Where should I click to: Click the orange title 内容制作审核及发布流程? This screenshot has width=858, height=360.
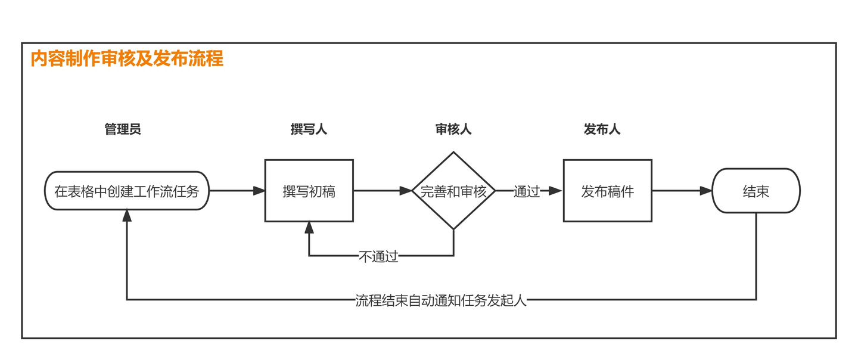pos(127,58)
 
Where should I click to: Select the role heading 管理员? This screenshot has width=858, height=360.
pos(123,129)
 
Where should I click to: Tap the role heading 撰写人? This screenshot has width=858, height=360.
pos(309,129)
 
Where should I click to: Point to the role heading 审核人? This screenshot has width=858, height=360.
pos(453,129)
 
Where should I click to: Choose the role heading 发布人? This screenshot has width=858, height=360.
pos(602,129)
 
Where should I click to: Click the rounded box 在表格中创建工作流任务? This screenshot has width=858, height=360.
pos(127,191)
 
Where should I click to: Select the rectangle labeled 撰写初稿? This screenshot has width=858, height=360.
pos(309,191)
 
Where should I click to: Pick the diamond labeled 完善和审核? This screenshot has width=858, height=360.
pos(453,191)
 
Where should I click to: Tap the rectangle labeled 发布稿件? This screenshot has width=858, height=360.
pos(608,191)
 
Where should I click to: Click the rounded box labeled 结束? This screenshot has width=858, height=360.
pos(756,191)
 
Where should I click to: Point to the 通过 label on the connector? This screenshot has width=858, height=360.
pos(527,191)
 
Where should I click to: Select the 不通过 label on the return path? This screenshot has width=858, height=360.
pos(378,256)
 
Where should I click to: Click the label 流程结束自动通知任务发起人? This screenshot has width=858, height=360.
pos(441,300)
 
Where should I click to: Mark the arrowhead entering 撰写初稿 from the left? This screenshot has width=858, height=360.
pos(259,191)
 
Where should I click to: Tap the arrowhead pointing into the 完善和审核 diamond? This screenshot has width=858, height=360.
pos(406,191)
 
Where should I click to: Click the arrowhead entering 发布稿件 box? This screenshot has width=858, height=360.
pos(555,191)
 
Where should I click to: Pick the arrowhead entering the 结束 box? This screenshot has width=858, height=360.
pos(706,191)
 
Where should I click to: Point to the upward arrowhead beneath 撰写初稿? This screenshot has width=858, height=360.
pos(309,228)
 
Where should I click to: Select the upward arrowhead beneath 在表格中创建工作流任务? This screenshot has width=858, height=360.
pos(127,216)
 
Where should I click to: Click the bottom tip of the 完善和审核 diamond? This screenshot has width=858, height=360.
pos(453,230)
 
